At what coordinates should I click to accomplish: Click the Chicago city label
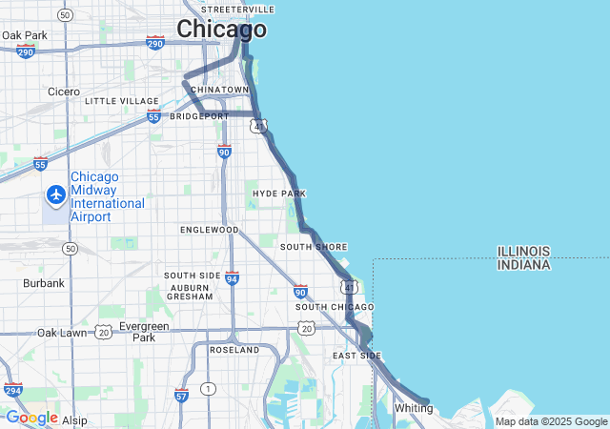pyautogui.click(x=221, y=29)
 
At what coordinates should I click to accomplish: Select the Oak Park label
pyautogui.click(x=24, y=35)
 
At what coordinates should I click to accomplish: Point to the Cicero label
pyautogui.click(x=64, y=92)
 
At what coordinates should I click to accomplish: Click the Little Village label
pyautogui.click(x=121, y=100)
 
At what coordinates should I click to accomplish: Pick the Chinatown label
pyautogui.click(x=219, y=90)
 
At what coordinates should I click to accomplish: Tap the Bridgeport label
pyautogui.click(x=199, y=116)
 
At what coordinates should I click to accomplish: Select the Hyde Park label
pyautogui.click(x=279, y=194)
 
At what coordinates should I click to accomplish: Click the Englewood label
pyautogui.click(x=209, y=230)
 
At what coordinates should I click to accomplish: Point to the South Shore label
pyautogui.click(x=314, y=247)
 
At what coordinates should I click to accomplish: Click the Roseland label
pyautogui.click(x=234, y=350)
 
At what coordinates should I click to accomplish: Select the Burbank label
pyautogui.click(x=44, y=283)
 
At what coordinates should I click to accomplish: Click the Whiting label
pyautogui.click(x=413, y=408)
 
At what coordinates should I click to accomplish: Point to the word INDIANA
pyautogui.click(x=523, y=264)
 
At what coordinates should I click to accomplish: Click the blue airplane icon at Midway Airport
pyautogui.click(x=56, y=195)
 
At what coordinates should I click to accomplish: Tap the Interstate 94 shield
pyautogui.click(x=232, y=278)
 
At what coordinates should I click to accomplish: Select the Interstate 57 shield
pyautogui.click(x=181, y=394)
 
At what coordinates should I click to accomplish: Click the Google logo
pyautogui.click(x=31, y=418)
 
